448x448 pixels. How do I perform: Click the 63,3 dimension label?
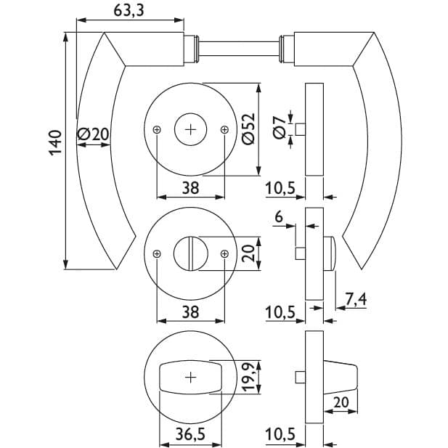click(x=129, y=11)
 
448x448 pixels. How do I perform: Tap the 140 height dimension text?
click(x=55, y=143)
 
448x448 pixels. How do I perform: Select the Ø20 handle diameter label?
click(x=93, y=134)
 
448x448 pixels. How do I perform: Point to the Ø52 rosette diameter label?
click(x=248, y=129)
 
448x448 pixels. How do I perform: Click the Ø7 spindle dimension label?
click(x=279, y=128)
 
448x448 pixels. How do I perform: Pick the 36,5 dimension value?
click(x=190, y=434)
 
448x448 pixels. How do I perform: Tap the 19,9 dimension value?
click(x=248, y=377)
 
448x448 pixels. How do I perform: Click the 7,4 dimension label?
click(x=356, y=300)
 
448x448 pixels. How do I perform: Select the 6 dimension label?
click(x=279, y=217)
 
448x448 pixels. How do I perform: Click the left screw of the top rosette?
click(x=157, y=130)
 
